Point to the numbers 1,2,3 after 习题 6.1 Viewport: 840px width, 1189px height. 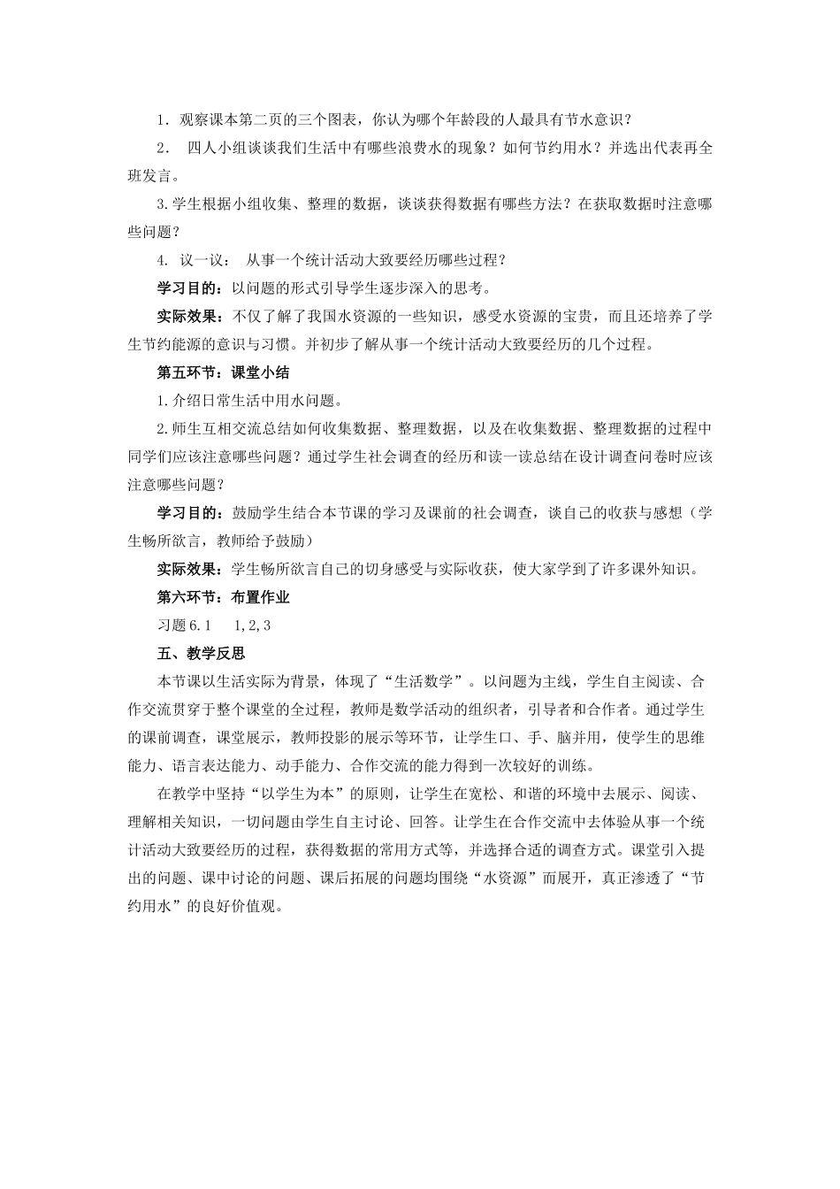(x=253, y=625)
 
